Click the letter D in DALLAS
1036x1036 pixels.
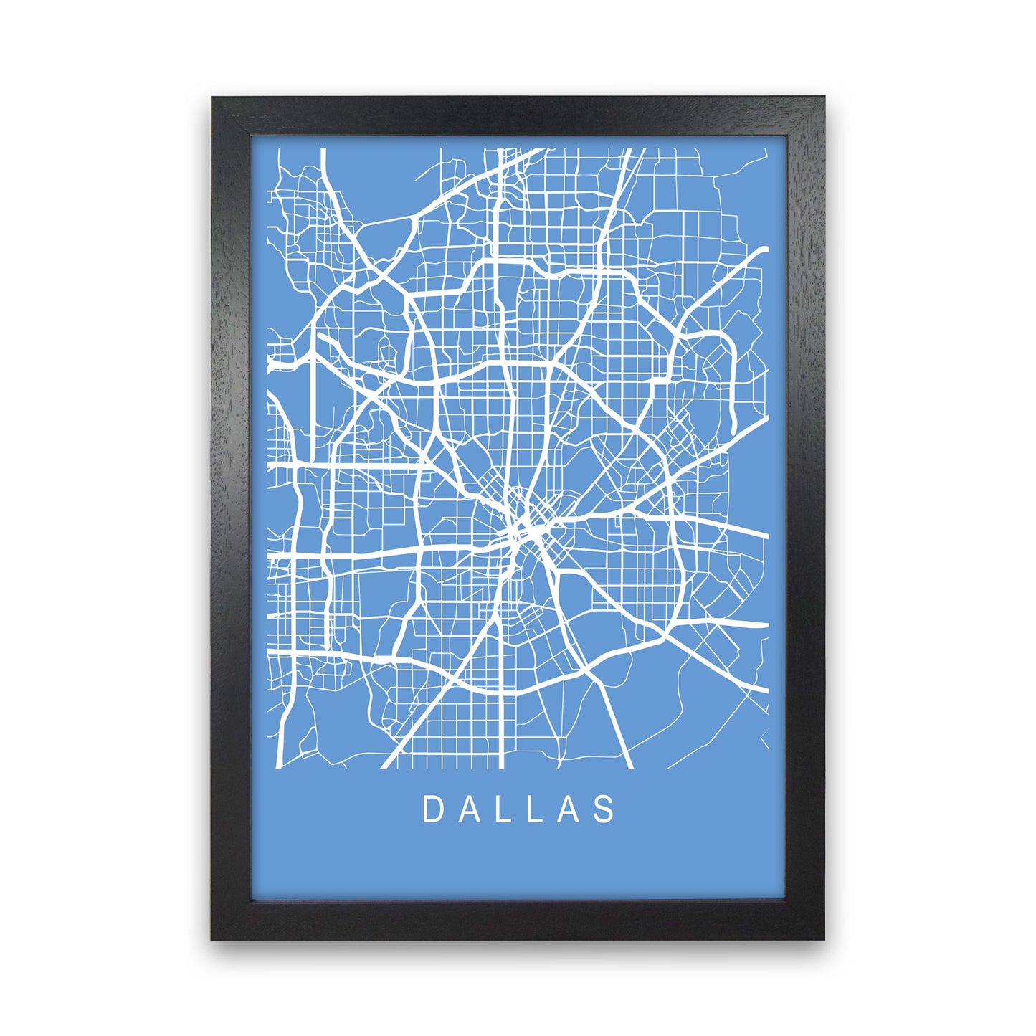click(432, 809)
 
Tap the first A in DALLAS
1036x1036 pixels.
click(468, 809)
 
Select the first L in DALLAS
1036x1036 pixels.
click(505, 809)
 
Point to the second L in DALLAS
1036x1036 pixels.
click(537, 809)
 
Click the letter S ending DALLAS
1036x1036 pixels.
click(606, 809)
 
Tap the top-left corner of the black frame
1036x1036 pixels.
click(213, 98)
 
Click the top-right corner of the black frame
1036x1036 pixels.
click(822, 98)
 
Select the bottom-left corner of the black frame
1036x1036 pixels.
click(213, 938)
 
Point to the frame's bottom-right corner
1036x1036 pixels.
click(822, 938)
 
